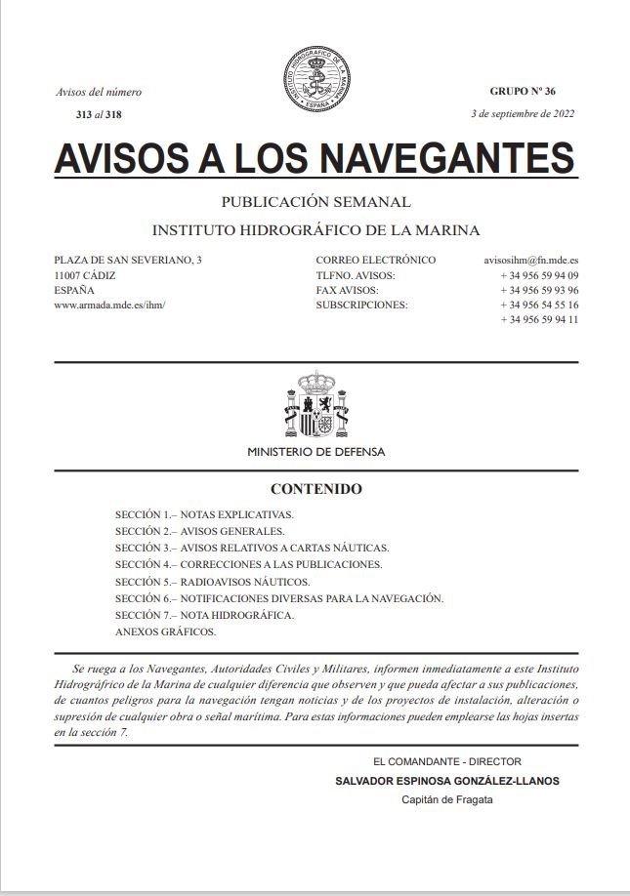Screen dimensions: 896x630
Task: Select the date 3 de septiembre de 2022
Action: (x=523, y=113)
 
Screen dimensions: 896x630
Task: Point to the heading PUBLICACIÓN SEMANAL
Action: (x=315, y=203)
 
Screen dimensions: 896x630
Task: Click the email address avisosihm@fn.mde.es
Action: (x=530, y=261)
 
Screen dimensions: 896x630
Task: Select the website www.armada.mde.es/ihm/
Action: (x=110, y=305)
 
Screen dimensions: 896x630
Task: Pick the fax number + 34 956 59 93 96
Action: (x=539, y=290)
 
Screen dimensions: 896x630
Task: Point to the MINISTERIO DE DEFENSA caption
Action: (x=315, y=452)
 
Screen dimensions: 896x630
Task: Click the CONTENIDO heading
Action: (x=315, y=489)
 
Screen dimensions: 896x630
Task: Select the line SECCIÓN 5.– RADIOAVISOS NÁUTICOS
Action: (x=212, y=581)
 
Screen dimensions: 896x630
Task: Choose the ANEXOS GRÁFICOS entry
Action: (x=165, y=631)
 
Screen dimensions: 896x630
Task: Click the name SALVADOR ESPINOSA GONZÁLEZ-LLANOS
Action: (x=447, y=781)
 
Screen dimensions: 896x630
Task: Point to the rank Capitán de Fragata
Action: (x=447, y=799)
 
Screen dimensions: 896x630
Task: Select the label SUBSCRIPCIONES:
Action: (x=361, y=305)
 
